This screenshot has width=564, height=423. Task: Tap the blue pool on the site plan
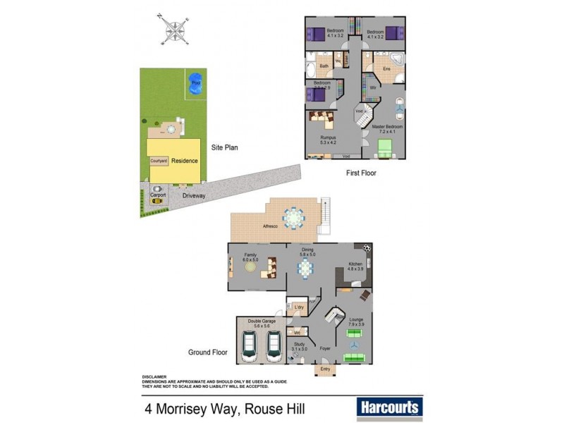click(195, 84)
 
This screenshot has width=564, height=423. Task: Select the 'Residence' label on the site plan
click(185, 161)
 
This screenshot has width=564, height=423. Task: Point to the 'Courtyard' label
click(159, 161)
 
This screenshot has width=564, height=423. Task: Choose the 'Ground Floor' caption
click(207, 352)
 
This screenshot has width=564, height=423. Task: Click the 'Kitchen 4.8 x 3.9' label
click(355, 267)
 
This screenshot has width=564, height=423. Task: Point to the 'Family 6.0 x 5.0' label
click(251, 257)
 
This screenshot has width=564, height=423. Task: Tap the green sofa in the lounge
click(355, 357)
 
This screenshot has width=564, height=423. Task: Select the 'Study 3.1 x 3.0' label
click(300, 346)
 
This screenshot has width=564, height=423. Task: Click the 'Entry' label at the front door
click(325, 369)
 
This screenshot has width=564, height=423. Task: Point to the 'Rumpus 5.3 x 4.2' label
click(327, 140)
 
